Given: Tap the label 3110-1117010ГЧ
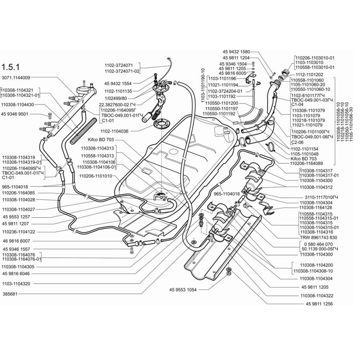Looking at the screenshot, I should pyautogui.click(x=319, y=197).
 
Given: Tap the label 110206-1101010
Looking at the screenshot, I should pyautogui.click(x=96, y=176).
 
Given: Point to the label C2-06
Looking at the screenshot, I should pyautogui.click(x=295, y=142).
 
